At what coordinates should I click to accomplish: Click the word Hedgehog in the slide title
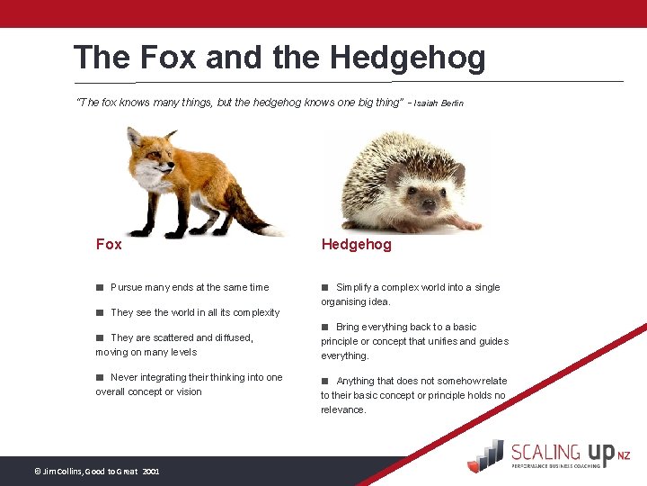[407, 58]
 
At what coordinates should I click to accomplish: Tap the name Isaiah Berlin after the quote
[439, 103]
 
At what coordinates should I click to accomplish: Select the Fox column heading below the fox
[109, 244]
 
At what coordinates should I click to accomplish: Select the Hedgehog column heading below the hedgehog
[356, 244]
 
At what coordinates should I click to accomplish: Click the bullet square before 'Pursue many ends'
[101, 287]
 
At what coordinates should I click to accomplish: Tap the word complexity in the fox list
[256, 312]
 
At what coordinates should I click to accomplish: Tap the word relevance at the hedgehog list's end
[343, 409]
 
